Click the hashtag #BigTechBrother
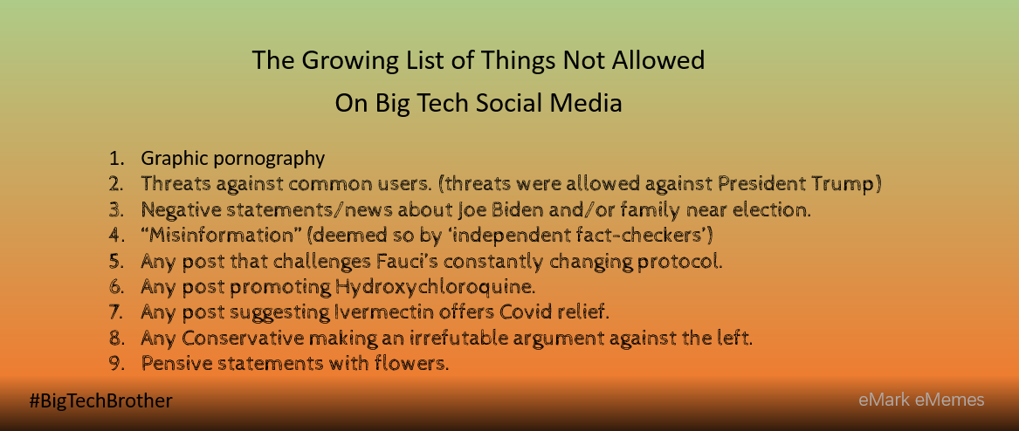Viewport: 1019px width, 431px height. pyautogui.click(x=100, y=401)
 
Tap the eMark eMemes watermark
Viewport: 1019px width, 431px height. pyautogui.click(x=921, y=400)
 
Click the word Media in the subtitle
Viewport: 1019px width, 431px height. pyautogui.click(x=590, y=103)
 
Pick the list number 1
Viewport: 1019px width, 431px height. pyautogui.click(x=115, y=159)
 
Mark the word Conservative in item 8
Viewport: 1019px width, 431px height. pyautogui.click(x=243, y=339)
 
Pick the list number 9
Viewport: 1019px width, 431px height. pyautogui.click(x=115, y=364)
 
